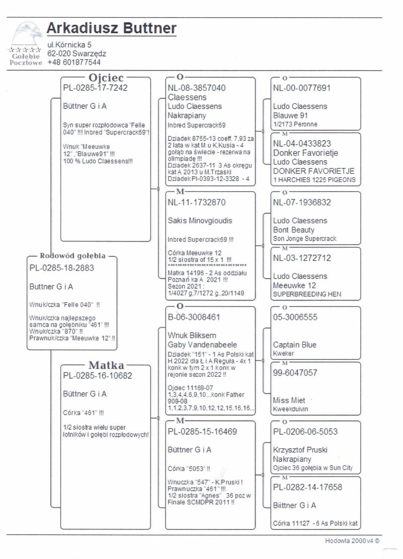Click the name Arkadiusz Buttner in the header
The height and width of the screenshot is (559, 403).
point(111,28)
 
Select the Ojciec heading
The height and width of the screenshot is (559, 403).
point(106,78)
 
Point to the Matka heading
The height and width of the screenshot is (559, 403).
point(106,365)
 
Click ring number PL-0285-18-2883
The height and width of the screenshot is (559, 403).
point(61,268)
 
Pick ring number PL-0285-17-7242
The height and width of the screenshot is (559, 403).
point(95,88)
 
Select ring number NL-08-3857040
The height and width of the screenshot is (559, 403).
point(196,88)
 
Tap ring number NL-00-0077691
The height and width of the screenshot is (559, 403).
point(302,88)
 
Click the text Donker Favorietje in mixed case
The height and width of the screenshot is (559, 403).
point(305,153)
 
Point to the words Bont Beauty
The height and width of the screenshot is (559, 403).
point(294,230)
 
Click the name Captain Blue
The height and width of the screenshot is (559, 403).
point(295,345)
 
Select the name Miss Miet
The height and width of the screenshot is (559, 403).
point(289,400)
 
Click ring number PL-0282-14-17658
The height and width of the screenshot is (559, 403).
point(307,487)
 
